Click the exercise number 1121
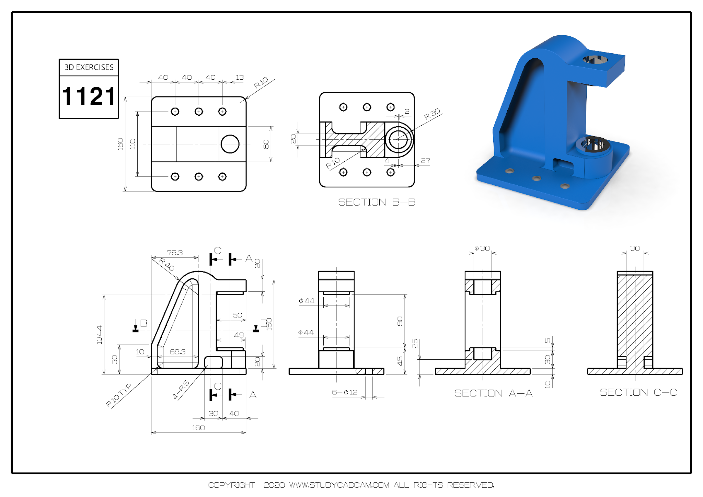(x=89, y=96)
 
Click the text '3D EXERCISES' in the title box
(x=89, y=67)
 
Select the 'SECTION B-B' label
(x=377, y=202)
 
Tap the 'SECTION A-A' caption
(x=493, y=393)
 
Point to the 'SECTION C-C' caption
(x=638, y=392)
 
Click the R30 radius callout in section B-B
(x=432, y=114)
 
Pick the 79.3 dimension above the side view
(x=175, y=253)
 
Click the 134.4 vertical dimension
(x=99, y=335)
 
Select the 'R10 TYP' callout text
(x=118, y=395)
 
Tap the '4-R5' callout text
(x=181, y=390)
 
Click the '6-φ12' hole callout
(x=345, y=392)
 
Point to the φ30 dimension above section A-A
(x=482, y=248)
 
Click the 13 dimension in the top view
(x=240, y=78)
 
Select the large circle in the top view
(x=230, y=144)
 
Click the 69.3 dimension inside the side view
(x=177, y=352)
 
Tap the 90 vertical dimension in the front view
(x=400, y=321)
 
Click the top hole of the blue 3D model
(x=595, y=60)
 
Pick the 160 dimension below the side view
(x=198, y=428)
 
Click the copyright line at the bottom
(x=351, y=485)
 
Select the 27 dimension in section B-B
(x=426, y=161)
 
